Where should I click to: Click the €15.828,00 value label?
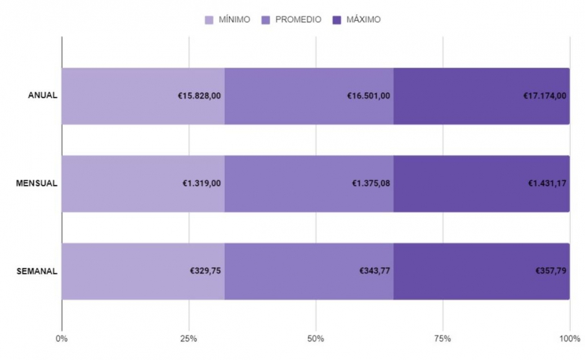pyautogui.click(x=199, y=96)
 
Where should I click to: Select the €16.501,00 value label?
pyautogui.click(x=369, y=96)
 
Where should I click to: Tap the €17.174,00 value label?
pyautogui.click(x=545, y=96)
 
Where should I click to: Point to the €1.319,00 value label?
pyautogui.click(x=201, y=184)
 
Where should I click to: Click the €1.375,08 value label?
pyautogui.click(x=371, y=184)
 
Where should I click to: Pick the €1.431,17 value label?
pyautogui.click(x=547, y=184)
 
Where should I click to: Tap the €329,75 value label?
pyautogui.click(x=205, y=271)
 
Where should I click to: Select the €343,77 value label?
pyautogui.click(x=375, y=271)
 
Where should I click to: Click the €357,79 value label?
pyautogui.click(x=550, y=271)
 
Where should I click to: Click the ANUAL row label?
pyautogui.click(x=43, y=96)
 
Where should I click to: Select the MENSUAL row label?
pyautogui.click(x=37, y=184)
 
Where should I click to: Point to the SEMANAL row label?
pyautogui.click(x=37, y=271)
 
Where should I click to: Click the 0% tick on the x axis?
pyautogui.click(x=61, y=338)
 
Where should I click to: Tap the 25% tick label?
pyautogui.click(x=189, y=338)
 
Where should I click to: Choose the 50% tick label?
pyautogui.click(x=316, y=338)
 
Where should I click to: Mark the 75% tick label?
pyautogui.click(x=442, y=338)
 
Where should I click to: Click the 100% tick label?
pyautogui.click(x=569, y=338)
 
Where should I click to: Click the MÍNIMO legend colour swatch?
pyautogui.click(x=210, y=19)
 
